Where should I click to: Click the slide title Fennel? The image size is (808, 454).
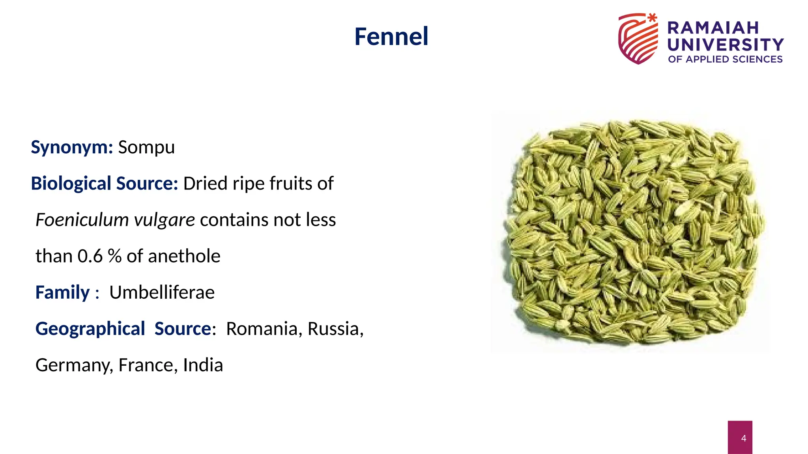click(391, 36)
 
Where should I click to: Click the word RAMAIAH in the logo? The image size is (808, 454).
click(713, 28)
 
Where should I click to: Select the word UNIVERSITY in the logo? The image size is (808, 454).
click(725, 45)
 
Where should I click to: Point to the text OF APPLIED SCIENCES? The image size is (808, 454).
click(725, 60)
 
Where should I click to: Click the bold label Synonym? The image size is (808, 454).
click(72, 147)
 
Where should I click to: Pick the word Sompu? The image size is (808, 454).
click(146, 147)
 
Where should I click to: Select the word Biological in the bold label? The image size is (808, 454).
click(71, 184)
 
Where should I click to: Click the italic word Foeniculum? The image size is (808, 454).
click(82, 220)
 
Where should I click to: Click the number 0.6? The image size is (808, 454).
click(90, 256)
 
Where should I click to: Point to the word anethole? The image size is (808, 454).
click(184, 256)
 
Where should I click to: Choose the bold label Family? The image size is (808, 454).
click(63, 292)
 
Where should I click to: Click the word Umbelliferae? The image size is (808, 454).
click(162, 292)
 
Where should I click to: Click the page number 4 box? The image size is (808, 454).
click(740, 437)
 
